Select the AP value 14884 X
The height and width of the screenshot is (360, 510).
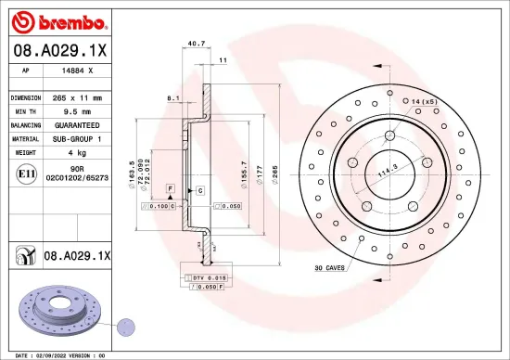pyautogui.click(x=75, y=71)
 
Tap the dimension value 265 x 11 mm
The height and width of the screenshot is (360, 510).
pyautogui.click(x=75, y=96)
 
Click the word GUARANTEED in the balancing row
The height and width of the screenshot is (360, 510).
pyautogui.click(x=75, y=123)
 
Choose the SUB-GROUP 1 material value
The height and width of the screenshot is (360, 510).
pyautogui.click(x=75, y=137)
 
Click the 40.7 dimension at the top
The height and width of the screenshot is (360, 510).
pyautogui.click(x=197, y=43)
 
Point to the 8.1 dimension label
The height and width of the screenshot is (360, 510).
pyautogui.click(x=172, y=96)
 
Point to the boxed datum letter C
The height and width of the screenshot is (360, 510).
pyautogui.click(x=199, y=190)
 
